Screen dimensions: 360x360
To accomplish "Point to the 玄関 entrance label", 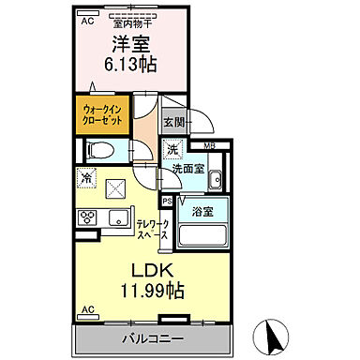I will (x=173, y=122).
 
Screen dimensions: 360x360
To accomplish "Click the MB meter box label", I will (x=209, y=145).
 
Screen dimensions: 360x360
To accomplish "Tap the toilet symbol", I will (x=98, y=149).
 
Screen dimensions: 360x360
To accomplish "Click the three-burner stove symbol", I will (x=86, y=217).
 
